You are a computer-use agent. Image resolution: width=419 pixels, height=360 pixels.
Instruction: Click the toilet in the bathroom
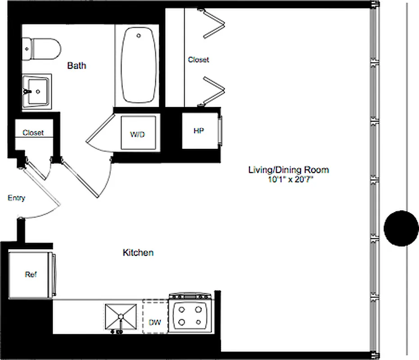point(43,49)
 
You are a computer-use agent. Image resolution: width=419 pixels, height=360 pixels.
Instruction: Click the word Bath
point(76,66)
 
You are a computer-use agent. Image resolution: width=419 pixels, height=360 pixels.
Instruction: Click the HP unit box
point(199,131)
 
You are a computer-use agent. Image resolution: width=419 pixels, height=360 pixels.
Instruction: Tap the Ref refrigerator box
point(31,274)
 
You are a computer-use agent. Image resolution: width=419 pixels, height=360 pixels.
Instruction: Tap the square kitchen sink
point(120,317)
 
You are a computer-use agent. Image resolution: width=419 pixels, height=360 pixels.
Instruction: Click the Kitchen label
point(138,252)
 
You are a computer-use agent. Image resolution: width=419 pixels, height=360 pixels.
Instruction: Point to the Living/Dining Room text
point(288,170)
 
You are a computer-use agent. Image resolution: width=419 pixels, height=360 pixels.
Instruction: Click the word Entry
point(17,198)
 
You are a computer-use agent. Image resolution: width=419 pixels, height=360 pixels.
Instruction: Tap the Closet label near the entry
point(33,133)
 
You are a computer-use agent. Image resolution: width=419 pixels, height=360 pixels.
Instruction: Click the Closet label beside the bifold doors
point(198,59)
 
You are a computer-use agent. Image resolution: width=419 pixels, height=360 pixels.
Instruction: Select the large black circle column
point(401,228)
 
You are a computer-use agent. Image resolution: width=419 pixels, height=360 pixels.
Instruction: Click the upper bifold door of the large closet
point(214,26)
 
